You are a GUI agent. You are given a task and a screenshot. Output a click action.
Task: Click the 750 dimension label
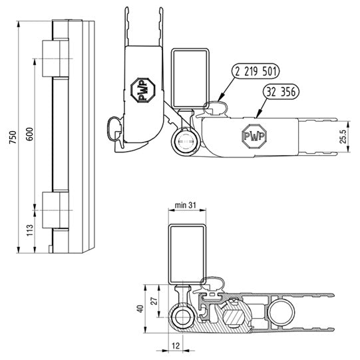(x=9, y=137)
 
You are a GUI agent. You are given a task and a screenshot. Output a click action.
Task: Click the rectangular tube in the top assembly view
(x=190, y=77)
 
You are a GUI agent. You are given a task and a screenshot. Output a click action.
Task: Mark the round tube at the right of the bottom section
(x=281, y=311)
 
